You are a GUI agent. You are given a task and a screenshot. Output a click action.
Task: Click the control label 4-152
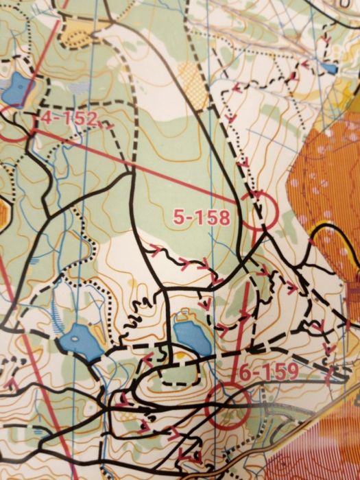coord(68,119)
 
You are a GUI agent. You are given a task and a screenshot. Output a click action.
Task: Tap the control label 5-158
coord(200,218)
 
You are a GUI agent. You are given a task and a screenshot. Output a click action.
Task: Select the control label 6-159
coord(269,372)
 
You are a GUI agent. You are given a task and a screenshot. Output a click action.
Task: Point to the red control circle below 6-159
coord(228,403)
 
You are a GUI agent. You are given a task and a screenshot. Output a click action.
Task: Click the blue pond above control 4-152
coord(19,88)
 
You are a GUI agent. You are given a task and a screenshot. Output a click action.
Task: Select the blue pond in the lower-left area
coord(80,341)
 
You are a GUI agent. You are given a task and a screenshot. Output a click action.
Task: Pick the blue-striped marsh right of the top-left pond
coord(75,88)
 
